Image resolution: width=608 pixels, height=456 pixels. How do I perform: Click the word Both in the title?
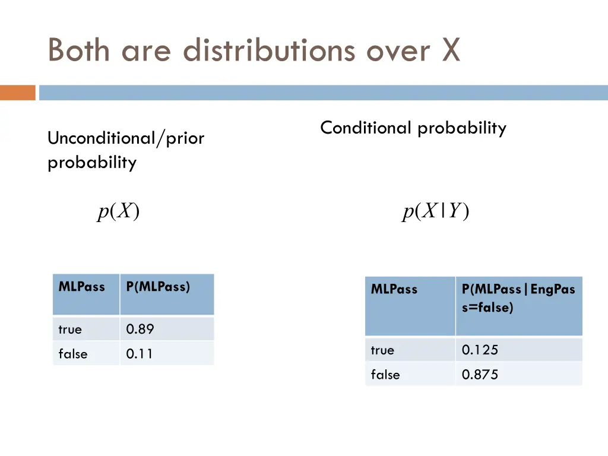78,50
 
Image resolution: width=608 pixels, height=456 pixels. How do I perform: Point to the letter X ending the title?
451,50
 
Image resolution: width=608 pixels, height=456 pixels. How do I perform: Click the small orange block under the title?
17,93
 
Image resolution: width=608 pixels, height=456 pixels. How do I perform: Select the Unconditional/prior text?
126,138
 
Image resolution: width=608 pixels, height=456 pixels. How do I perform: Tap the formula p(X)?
119,211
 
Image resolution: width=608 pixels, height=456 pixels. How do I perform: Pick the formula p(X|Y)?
436,211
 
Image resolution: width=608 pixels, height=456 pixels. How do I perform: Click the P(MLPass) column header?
158,287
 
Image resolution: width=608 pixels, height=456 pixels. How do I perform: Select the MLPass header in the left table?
81,287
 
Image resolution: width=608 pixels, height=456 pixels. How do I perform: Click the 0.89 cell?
140,329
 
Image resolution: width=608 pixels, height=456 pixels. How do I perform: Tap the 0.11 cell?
140,354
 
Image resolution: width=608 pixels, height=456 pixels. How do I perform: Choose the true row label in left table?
70,329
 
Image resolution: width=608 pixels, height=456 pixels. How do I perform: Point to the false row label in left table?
72,354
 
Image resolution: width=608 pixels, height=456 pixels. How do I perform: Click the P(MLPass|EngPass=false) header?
518,298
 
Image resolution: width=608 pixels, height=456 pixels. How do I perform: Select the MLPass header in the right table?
394,290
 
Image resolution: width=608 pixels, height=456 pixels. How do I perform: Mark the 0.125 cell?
480,350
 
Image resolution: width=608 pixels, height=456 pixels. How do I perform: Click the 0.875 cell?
480,375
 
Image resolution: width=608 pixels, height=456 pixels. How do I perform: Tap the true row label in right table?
382,350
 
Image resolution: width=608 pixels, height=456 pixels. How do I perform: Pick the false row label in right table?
385,375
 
